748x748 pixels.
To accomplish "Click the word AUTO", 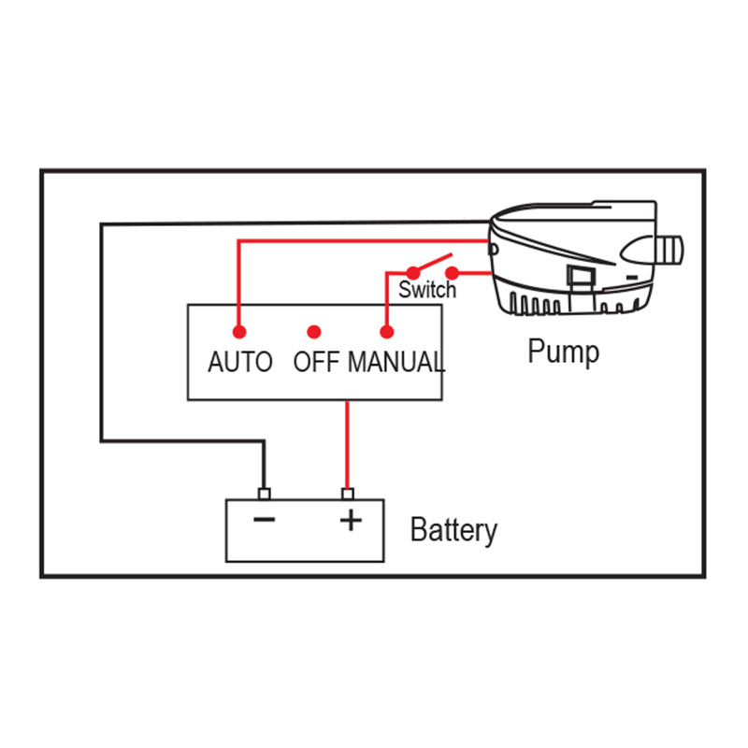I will (240, 361).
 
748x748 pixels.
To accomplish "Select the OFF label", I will (315, 361).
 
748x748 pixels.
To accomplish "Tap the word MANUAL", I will (396, 361).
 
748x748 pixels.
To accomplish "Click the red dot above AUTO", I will (239, 332).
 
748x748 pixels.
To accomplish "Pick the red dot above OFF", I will (314, 332).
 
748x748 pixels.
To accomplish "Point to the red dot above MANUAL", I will (386, 332).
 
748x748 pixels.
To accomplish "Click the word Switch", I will (427, 290).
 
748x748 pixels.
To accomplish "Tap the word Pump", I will (563, 352).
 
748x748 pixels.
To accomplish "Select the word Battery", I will (453, 530).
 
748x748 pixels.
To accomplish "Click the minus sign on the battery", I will (265, 520).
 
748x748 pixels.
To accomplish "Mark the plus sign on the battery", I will (350, 520).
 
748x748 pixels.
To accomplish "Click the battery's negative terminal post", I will (264, 494).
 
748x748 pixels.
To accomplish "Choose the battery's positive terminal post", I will (349, 494).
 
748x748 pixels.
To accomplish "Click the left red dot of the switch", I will (412, 273).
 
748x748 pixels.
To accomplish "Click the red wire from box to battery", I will (349, 444).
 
